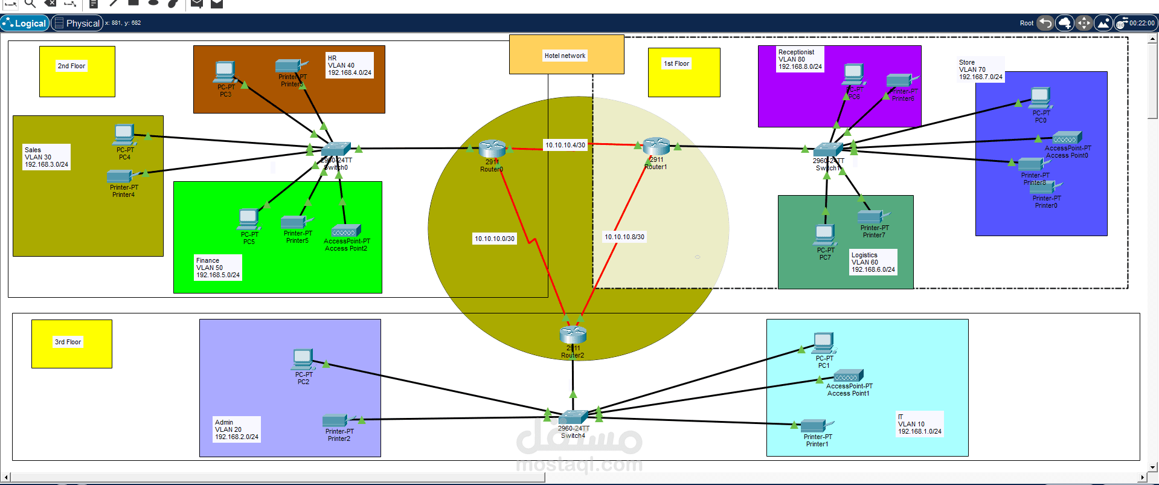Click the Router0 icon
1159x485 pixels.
click(492, 149)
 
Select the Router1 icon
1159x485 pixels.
click(657, 146)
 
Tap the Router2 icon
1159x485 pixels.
click(573, 334)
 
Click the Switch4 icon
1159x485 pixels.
click(573, 417)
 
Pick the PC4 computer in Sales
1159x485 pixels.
click(124, 135)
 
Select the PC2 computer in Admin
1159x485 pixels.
click(303, 359)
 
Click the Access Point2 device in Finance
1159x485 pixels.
click(346, 231)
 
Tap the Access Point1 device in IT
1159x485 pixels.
click(849, 376)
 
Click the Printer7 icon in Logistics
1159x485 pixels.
click(873, 216)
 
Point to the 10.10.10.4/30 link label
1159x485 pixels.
click(565, 145)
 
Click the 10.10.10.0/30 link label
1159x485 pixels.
click(495, 239)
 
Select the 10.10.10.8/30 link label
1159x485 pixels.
click(624, 237)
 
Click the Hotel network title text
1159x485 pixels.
click(565, 56)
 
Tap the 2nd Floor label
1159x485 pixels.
click(71, 66)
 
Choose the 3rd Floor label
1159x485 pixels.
click(68, 342)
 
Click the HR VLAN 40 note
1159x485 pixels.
click(349, 65)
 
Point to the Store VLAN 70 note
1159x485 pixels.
click(980, 69)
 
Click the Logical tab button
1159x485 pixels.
click(25, 23)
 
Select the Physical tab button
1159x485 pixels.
click(77, 23)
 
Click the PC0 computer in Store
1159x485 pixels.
click(1040, 97)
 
